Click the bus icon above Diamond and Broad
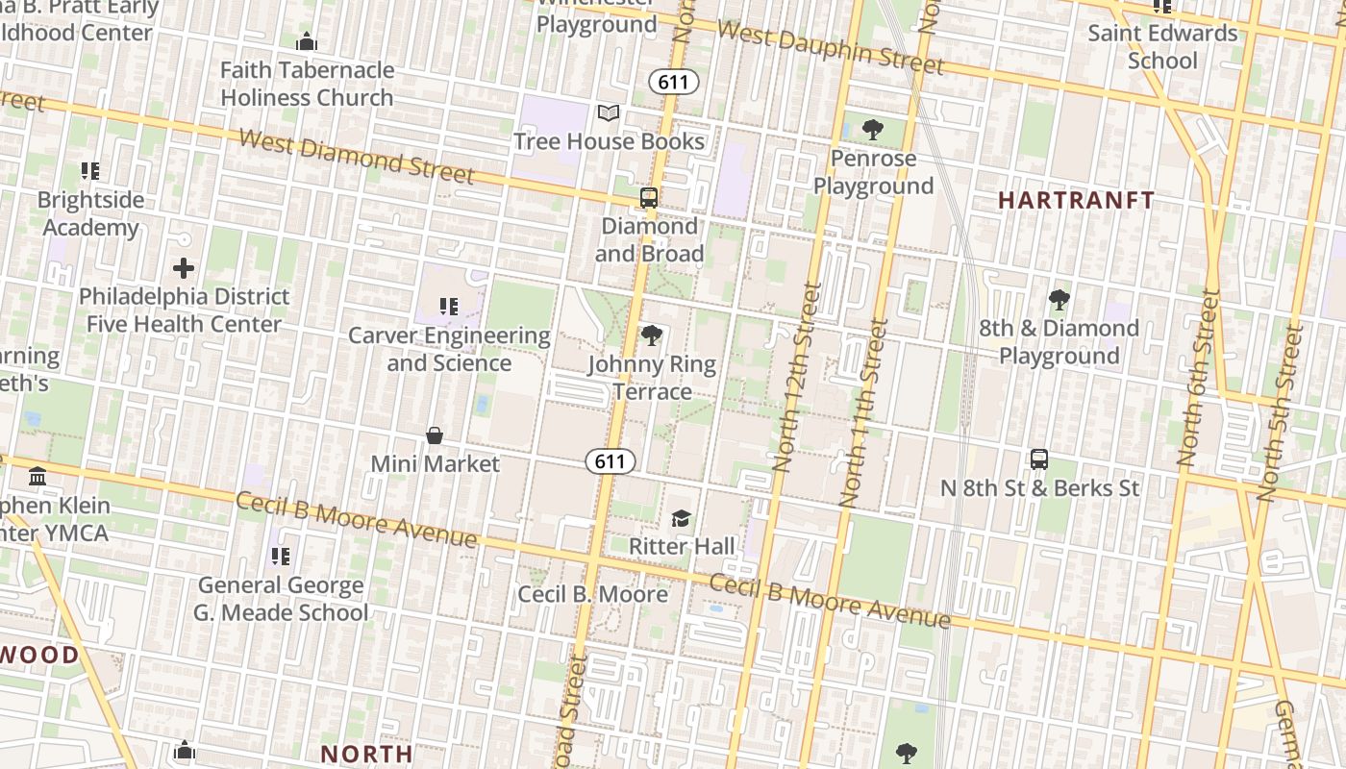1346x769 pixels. tap(649, 198)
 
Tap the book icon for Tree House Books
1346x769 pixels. tap(608, 113)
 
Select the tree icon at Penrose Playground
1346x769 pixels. tap(873, 129)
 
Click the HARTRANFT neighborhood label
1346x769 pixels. tap(1076, 200)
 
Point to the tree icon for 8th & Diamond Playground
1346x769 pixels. tap(1059, 300)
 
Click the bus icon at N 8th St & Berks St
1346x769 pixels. tap(1038, 459)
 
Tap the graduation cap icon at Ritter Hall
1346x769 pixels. tap(681, 519)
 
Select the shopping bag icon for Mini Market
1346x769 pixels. tap(435, 435)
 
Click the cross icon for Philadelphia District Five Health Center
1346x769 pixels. tap(184, 267)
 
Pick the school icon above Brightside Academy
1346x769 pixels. tap(90, 171)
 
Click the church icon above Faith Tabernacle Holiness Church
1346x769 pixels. tap(307, 41)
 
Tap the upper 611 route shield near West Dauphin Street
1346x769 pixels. tap(673, 82)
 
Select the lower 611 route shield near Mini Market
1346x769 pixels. tap(611, 461)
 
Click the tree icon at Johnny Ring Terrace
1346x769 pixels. tap(651, 335)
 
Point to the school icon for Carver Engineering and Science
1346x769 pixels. tap(448, 307)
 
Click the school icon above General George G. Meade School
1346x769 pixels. tap(281, 556)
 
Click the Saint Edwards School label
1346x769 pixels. tap(1162, 46)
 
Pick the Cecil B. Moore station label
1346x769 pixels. tap(592, 594)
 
